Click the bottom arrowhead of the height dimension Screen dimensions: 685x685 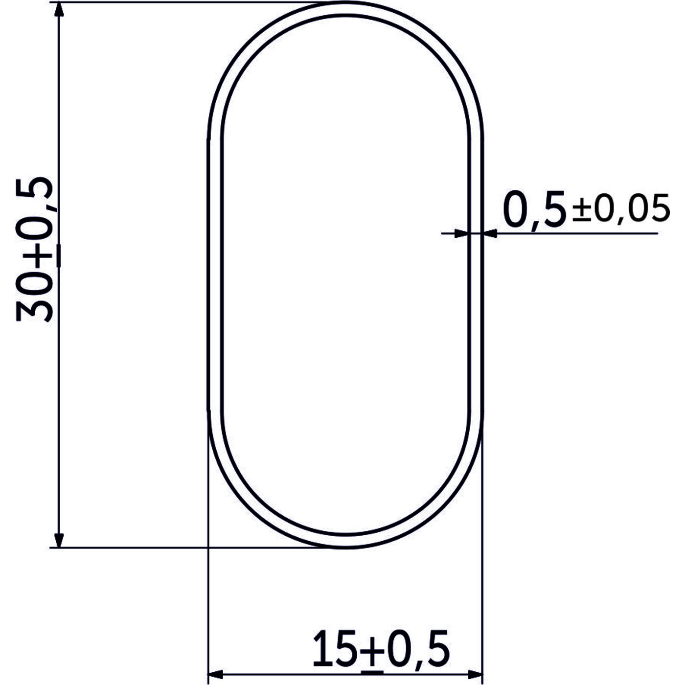[x=59, y=538]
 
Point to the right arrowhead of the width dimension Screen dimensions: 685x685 [x=475, y=673]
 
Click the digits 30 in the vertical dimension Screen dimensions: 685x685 [x=34, y=298]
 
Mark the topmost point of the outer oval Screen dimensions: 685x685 [x=346, y=2]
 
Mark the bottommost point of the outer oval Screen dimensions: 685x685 [x=346, y=548]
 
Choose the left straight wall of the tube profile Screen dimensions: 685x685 [x=209, y=274]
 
